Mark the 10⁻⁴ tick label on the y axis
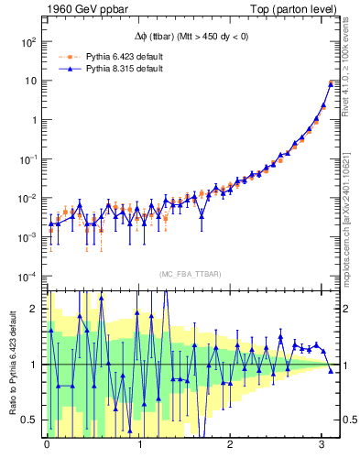click(26, 277)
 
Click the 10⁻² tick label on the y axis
click(26, 199)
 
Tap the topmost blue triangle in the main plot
click(331, 83)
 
